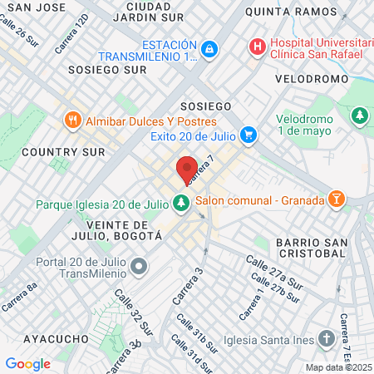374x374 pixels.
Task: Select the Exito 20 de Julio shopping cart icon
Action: point(247,135)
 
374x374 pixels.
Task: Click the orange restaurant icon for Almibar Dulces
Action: point(73,121)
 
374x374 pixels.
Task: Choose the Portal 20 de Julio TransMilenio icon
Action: point(139,266)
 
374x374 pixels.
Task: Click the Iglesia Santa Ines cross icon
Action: point(326,338)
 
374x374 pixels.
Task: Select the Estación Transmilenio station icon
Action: point(209,50)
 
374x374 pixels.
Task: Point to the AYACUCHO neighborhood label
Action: point(56,339)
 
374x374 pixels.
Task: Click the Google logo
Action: point(27,363)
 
